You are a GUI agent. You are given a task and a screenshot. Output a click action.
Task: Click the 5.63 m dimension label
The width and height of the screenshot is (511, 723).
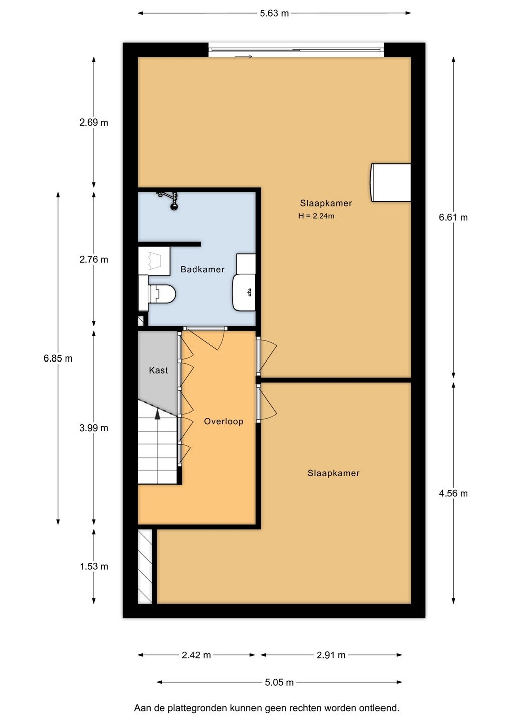274,13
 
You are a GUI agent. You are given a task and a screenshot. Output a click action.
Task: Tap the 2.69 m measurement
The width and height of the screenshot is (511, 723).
94,123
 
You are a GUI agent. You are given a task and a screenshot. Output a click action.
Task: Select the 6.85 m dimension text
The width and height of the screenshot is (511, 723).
58,358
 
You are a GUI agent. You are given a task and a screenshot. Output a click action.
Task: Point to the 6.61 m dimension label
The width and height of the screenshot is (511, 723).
453,217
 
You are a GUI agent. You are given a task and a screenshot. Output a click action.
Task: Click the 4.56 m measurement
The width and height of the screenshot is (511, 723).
453,493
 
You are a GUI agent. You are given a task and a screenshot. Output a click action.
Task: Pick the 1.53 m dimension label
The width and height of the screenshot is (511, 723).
94,566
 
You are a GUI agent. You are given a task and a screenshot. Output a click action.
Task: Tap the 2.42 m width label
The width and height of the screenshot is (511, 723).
196,655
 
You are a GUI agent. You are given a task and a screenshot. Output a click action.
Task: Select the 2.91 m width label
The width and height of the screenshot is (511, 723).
331,655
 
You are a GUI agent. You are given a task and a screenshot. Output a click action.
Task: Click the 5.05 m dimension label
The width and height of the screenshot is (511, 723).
279,682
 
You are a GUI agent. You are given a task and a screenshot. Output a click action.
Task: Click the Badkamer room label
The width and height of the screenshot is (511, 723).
202,269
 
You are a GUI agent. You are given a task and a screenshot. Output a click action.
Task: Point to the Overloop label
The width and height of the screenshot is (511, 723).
223,421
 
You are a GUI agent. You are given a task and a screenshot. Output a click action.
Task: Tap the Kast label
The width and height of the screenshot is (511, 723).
158,370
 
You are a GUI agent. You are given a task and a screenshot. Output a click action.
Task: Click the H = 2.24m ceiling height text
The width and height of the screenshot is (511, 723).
316,216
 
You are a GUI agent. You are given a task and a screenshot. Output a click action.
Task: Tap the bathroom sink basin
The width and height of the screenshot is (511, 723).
244,292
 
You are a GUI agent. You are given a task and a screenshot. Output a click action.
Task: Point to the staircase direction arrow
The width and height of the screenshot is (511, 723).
158,414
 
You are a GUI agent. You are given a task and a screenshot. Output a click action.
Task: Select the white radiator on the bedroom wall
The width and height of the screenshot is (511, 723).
391,183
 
